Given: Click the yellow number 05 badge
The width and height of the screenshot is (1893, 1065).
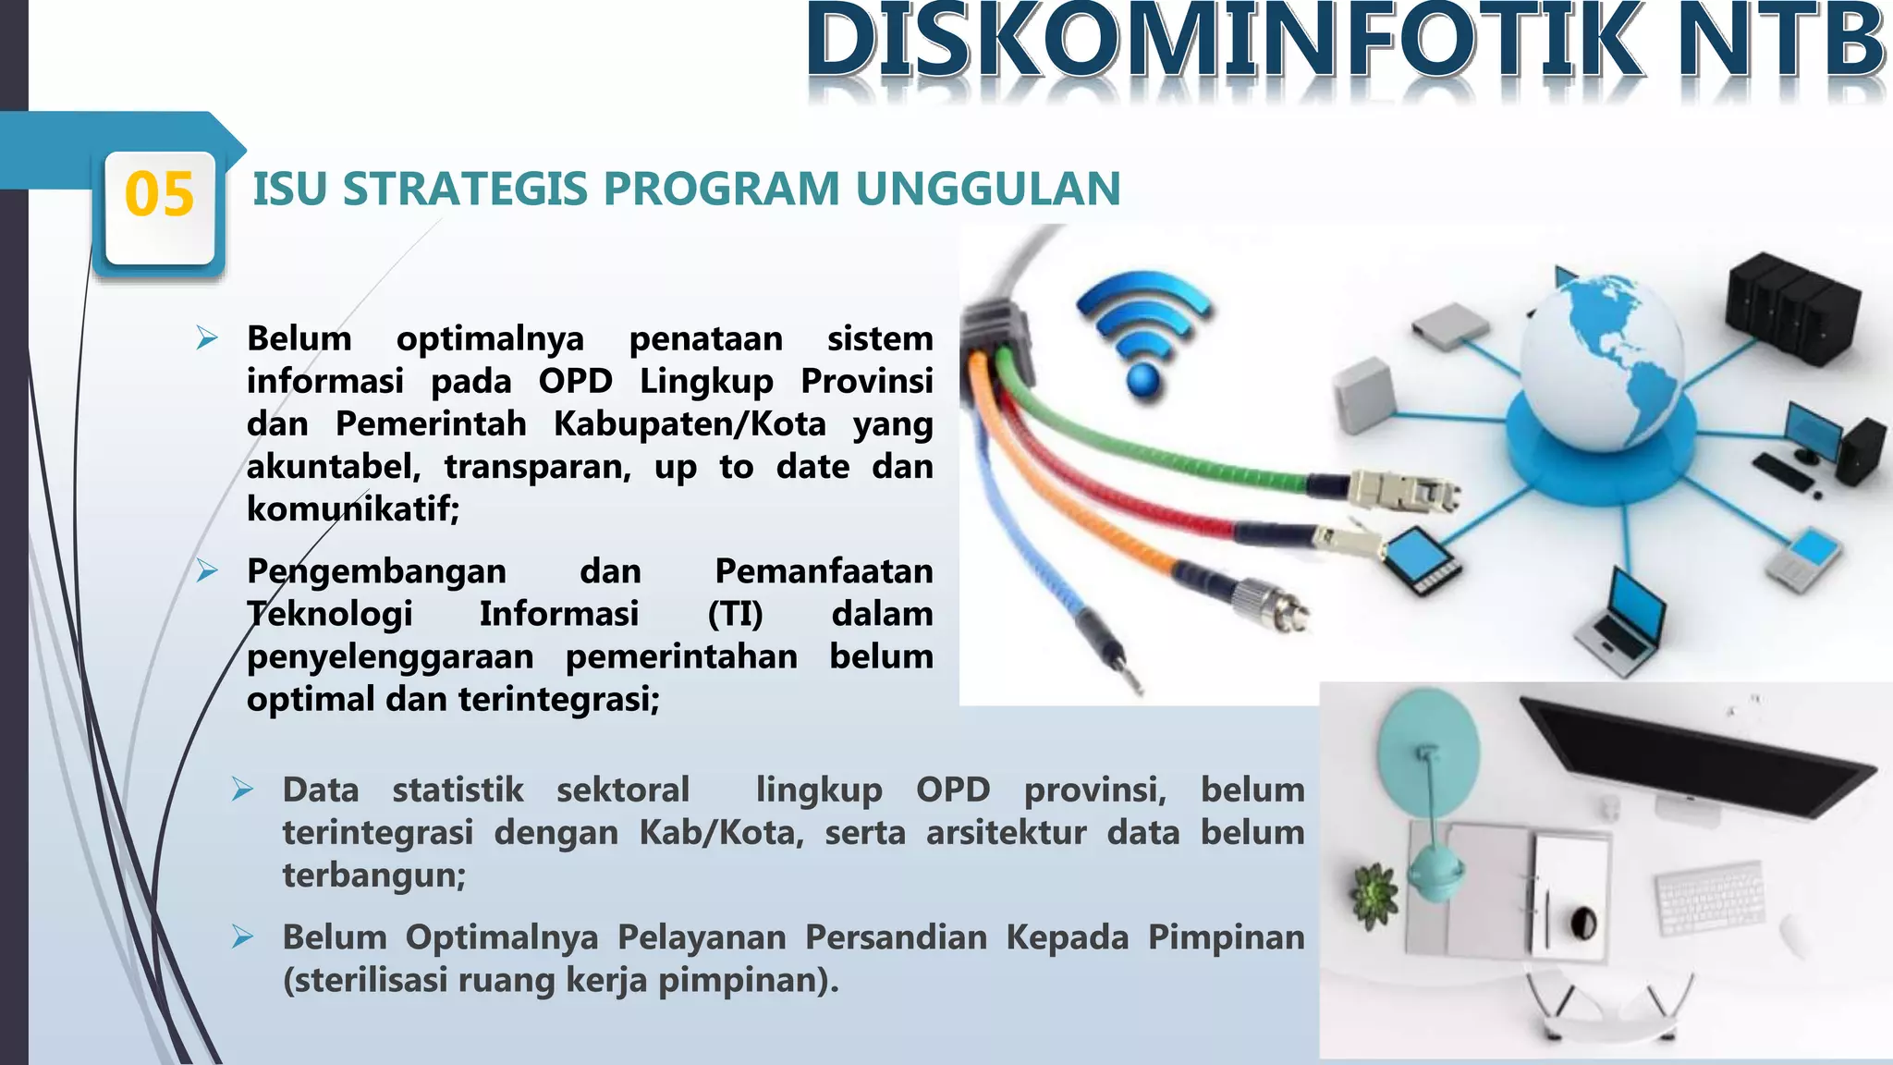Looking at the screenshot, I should pyautogui.click(x=159, y=195).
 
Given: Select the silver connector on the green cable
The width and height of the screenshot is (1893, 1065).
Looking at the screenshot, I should pyautogui.click(x=1400, y=490).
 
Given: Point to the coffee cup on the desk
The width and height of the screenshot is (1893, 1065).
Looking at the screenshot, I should pyautogui.click(x=1583, y=921).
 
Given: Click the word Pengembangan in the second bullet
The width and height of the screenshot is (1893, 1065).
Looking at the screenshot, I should pyautogui.click(x=376, y=571).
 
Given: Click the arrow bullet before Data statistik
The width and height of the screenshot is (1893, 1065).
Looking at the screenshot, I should pyautogui.click(x=242, y=790).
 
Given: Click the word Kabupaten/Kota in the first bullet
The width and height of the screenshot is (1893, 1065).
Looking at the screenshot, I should pyautogui.click(x=690, y=424).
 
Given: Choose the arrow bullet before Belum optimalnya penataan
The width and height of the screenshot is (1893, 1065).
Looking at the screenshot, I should pyautogui.click(x=206, y=338).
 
